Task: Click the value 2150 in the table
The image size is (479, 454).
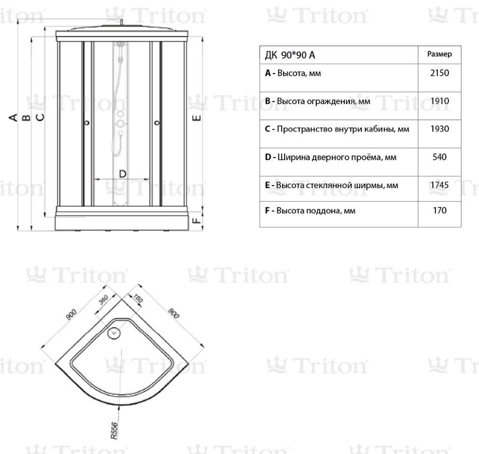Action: [439, 73]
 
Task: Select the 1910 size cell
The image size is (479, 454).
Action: [439, 101]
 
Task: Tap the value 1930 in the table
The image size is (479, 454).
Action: [439, 129]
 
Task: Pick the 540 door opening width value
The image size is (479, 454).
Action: [439, 157]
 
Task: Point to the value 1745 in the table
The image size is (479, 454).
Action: [439, 185]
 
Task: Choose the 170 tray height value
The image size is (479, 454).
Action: [439, 210]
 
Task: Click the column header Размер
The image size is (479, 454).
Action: [439, 54]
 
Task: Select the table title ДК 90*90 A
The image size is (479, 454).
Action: [290, 55]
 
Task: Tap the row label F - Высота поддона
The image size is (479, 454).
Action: [310, 210]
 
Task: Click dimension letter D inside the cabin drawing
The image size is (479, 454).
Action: [122, 174]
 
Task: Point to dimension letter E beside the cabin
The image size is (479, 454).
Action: [197, 118]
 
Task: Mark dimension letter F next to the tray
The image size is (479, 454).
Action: [198, 220]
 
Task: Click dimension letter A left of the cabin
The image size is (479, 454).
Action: [13, 118]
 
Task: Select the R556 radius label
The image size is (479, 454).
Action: [114, 431]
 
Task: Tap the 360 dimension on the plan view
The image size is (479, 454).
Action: [104, 300]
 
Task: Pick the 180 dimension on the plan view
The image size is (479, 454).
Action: [138, 299]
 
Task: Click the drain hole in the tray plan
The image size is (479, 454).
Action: [114, 333]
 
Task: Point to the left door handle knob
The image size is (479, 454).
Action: [87, 123]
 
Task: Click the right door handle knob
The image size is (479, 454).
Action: [157, 123]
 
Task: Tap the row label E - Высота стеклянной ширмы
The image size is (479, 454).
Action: [331, 186]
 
